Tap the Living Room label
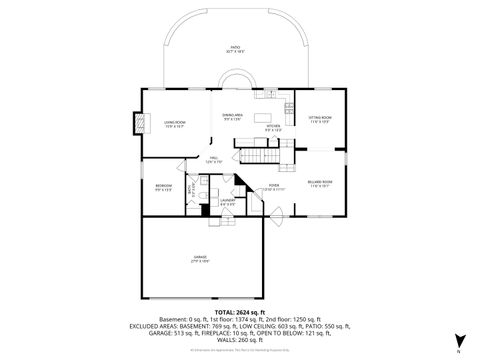pyautogui.click(x=175, y=124)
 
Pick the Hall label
pyautogui.click(x=212, y=159)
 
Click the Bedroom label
pyautogui.click(x=162, y=186)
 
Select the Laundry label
pyautogui.click(x=227, y=201)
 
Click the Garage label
pyautogui.click(x=200, y=258)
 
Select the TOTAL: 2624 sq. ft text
pyautogui.click(x=240, y=313)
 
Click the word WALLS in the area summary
pyautogui.click(x=217, y=340)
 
